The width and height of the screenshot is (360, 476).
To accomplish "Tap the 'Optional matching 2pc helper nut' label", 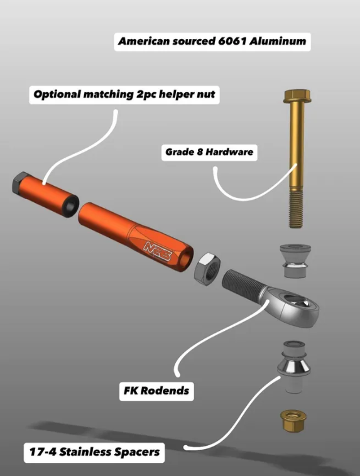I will point(124,95).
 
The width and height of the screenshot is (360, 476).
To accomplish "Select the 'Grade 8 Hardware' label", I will point(209,152).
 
